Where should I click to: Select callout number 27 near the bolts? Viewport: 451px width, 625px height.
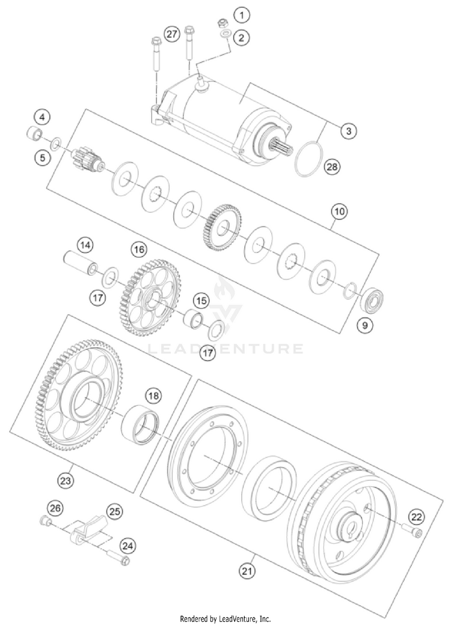click(x=173, y=35)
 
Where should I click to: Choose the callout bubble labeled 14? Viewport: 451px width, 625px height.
click(x=86, y=245)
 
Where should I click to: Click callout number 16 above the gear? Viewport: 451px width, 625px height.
click(x=140, y=248)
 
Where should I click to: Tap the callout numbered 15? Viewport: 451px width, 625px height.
click(x=200, y=299)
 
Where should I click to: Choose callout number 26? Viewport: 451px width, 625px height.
click(x=56, y=509)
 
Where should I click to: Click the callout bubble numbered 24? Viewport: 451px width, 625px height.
click(x=127, y=546)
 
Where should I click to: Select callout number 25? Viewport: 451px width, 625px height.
click(x=114, y=511)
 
